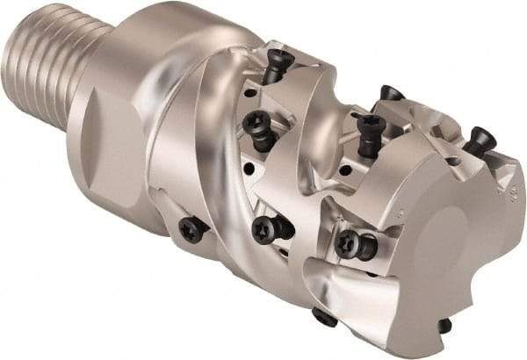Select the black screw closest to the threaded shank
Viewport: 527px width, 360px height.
point(191,229)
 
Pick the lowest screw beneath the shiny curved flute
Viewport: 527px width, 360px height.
point(324,318)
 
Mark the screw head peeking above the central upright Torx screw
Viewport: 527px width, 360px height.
point(391,92)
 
